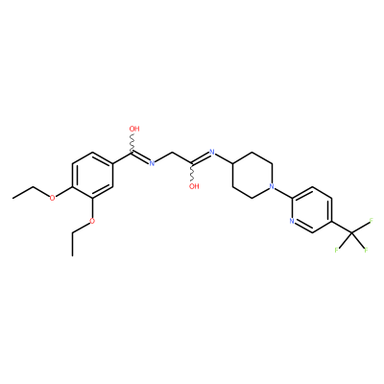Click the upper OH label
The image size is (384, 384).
(134, 129)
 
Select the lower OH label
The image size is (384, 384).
(194, 186)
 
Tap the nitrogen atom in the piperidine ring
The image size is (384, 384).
(272, 186)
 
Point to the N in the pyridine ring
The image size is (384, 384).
(292, 221)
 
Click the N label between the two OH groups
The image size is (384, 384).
(152, 163)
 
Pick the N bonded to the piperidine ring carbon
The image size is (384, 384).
(211, 152)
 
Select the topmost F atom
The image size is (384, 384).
(372, 220)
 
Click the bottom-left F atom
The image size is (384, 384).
(336, 250)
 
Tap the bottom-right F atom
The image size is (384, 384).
(366, 250)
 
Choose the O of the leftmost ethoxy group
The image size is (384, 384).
(53, 198)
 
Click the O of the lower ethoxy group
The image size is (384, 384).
(92, 221)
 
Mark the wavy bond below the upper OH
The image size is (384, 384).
(132, 143)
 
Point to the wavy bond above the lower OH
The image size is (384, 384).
(192, 173)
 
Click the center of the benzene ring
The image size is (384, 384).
(93, 175)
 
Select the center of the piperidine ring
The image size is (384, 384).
(252, 175)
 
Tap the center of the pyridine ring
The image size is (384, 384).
(312, 209)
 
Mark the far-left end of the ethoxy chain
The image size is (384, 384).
(13, 198)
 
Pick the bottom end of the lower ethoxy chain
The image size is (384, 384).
(73, 255)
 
